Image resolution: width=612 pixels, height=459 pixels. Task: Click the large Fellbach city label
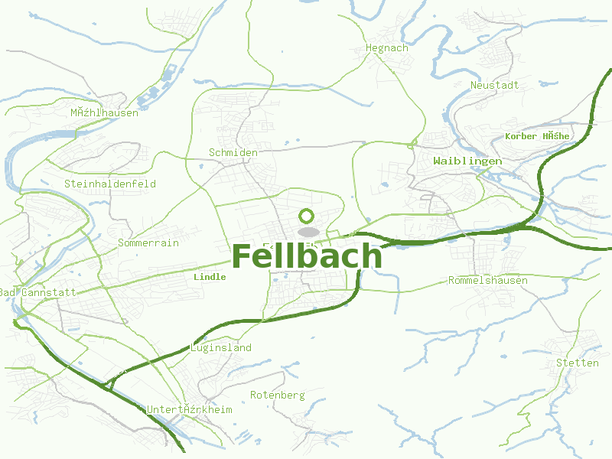(306, 256)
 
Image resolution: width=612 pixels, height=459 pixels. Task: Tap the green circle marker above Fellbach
(307, 216)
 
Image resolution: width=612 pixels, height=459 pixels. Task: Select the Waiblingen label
(467, 161)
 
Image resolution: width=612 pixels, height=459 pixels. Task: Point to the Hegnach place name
(387, 48)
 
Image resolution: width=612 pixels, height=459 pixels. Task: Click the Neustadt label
(495, 85)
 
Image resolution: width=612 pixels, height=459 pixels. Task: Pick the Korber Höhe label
(537, 136)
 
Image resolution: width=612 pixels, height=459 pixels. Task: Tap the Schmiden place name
(233, 153)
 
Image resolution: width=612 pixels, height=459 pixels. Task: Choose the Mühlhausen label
(104, 113)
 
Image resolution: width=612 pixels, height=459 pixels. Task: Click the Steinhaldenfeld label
(110, 184)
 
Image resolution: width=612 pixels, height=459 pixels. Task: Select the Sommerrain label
(148, 243)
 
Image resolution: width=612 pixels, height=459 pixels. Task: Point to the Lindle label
(210, 277)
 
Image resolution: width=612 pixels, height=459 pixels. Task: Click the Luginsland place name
(221, 348)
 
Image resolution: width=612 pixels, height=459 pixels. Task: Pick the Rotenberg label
(278, 396)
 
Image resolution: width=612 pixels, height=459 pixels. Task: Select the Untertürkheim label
(189, 410)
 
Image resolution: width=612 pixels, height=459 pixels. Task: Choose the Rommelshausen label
(488, 281)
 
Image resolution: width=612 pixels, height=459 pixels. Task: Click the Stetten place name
(578, 363)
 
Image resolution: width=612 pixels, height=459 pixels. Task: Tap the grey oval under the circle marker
(308, 231)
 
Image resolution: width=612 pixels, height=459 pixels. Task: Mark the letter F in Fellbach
(242, 256)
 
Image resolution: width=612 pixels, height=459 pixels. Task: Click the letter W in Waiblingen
(438, 161)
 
